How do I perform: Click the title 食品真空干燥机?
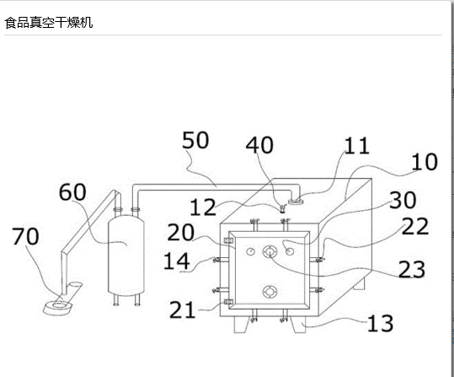[49, 23]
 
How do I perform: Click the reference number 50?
[195, 140]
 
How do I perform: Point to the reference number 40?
[259, 145]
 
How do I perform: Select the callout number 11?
[357, 146]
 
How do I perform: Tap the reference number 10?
[425, 162]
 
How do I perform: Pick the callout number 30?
[403, 200]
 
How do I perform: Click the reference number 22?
[415, 226]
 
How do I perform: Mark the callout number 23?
[412, 269]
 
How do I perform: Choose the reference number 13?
[380, 323]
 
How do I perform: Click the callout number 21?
[182, 310]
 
